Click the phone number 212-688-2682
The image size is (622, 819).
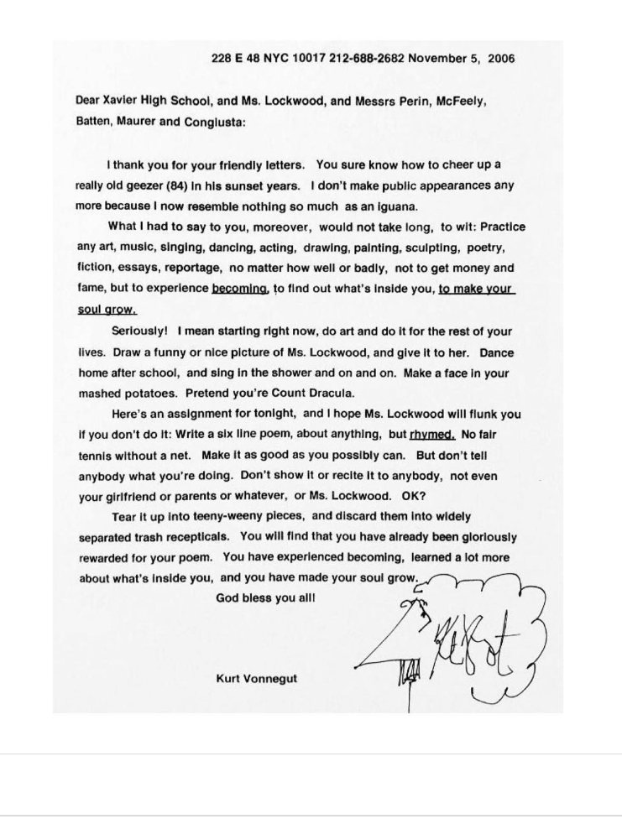(365, 59)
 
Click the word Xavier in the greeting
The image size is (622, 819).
(126, 101)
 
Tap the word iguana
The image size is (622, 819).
(394, 206)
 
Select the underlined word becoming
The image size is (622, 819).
(239, 289)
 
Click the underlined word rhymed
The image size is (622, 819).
(431, 436)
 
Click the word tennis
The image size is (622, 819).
(96, 456)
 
